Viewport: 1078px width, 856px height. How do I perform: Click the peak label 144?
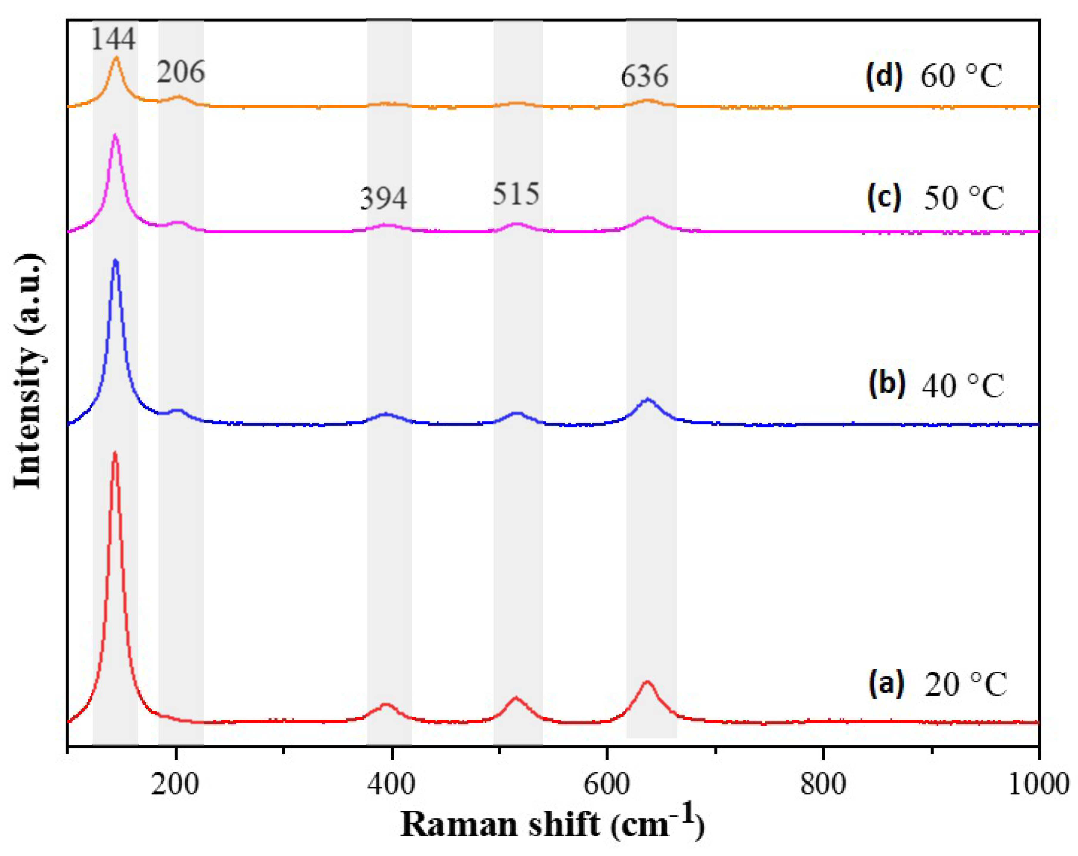click(113, 40)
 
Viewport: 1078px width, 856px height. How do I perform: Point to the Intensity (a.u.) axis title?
click(27, 373)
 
